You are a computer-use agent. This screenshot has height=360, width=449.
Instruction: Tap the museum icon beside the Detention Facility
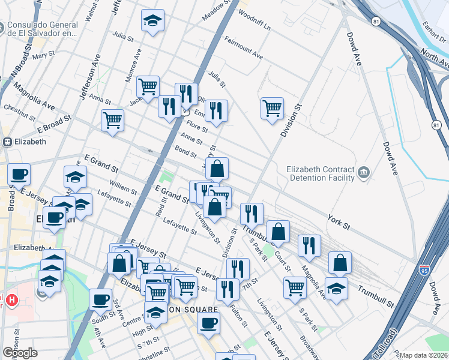click(x=364, y=174)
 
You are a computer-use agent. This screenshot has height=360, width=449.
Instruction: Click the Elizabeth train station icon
click(x=8, y=142)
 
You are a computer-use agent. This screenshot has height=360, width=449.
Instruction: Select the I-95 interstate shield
click(x=425, y=271)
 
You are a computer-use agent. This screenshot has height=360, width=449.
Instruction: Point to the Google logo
click(x=20, y=353)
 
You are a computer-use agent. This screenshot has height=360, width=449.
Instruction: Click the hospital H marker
click(x=11, y=299)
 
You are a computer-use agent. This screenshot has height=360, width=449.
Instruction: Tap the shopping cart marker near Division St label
click(x=272, y=109)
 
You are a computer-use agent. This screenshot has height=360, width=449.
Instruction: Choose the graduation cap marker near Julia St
click(x=152, y=21)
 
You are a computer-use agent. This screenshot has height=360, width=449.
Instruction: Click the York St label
click(x=339, y=223)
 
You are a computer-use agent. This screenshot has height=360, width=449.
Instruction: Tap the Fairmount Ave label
click(x=244, y=48)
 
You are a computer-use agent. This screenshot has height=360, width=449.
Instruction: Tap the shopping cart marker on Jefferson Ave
click(x=112, y=120)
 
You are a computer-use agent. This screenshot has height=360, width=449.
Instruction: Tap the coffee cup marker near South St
click(x=100, y=299)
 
